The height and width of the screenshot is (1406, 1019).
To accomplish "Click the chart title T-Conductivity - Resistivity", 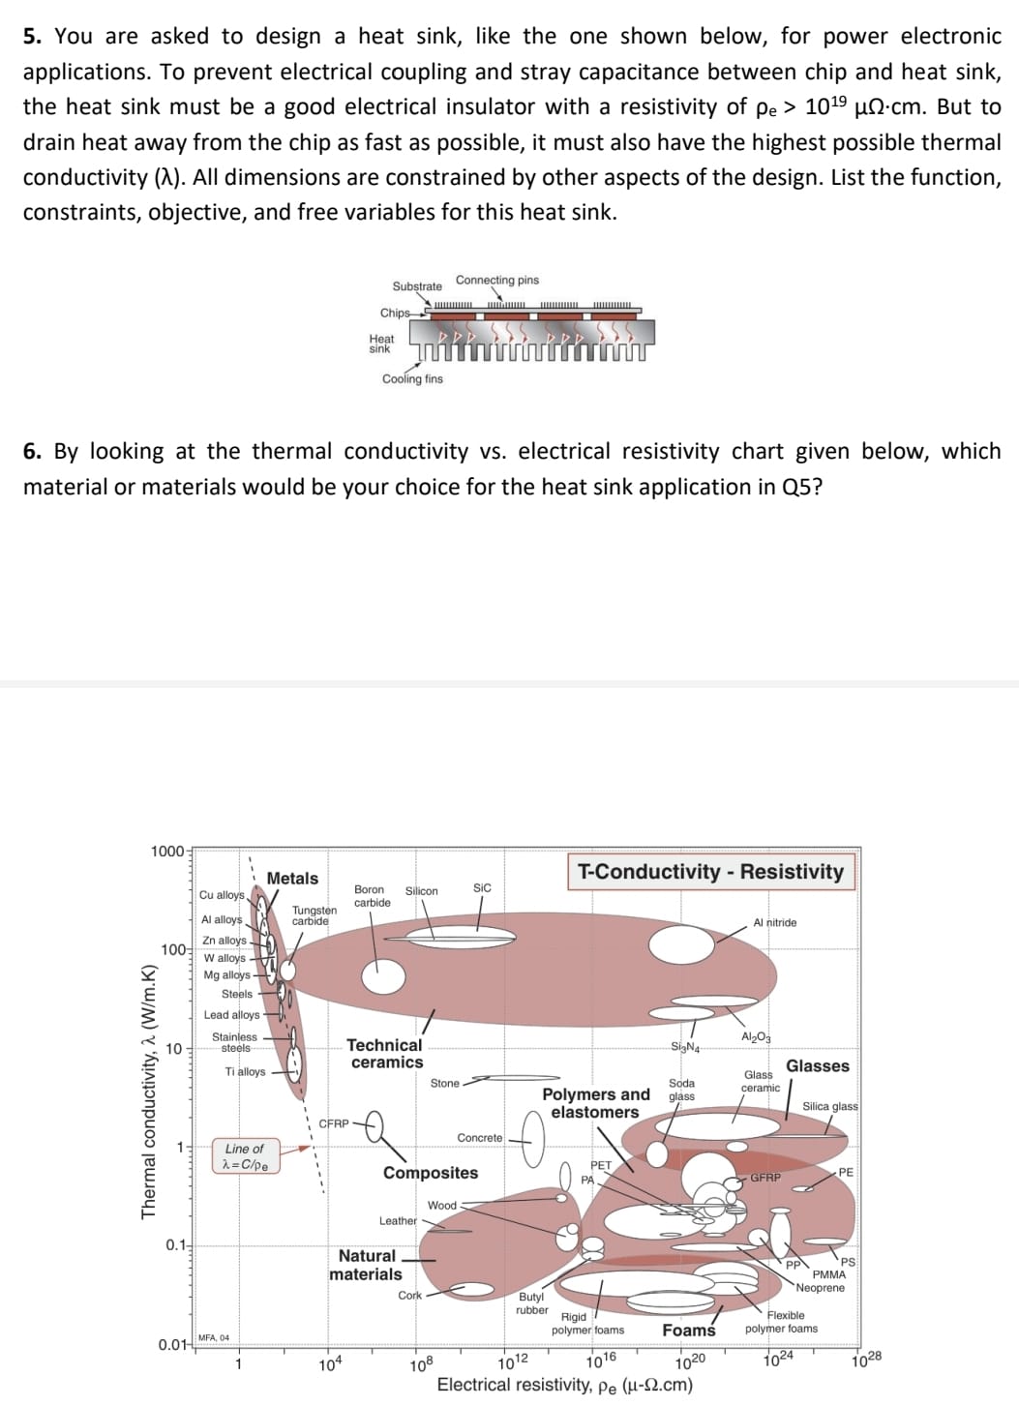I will click(710, 872).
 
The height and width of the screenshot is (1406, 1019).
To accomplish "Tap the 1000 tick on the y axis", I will click(166, 852).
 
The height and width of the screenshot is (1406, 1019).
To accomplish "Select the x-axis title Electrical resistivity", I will click(564, 1385).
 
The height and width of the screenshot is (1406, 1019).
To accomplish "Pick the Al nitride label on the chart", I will click(774, 923).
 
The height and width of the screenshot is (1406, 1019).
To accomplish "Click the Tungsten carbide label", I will click(314, 915).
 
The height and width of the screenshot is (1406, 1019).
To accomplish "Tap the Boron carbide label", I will click(372, 896).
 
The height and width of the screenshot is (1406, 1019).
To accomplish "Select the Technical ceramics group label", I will click(385, 1054).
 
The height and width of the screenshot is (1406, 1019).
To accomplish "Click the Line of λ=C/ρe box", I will click(245, 1156).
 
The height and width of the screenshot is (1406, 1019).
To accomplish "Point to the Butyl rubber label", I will click(531, 1303).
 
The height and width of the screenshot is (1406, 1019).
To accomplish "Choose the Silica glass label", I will click(829, 1106).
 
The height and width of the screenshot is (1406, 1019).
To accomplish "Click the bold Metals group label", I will click(292, 878).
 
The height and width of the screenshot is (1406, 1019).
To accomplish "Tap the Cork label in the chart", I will click(409, 1295).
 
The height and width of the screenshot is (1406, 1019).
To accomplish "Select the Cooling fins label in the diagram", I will click(412, 379).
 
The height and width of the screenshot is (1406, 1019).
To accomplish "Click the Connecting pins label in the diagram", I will click(496, 281).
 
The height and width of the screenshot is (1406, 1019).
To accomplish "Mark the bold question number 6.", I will click(32, 452).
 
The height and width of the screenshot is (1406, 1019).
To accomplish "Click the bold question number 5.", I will click(32, 37).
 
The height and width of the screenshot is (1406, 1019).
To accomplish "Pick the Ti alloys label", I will click(244, 1071).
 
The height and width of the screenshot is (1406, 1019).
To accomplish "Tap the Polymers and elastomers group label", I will click(595, 1103).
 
